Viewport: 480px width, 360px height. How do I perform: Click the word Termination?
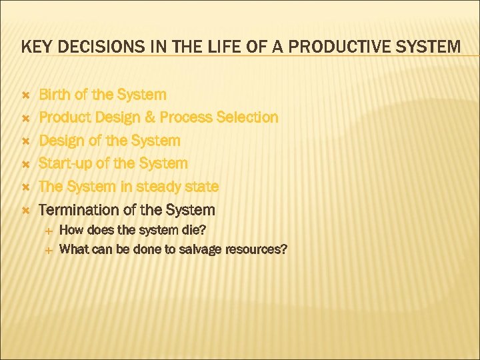click(77, 210)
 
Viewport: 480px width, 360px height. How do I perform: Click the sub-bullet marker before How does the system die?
click(48, 231)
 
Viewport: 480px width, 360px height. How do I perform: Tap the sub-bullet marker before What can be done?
click(48, 250)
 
